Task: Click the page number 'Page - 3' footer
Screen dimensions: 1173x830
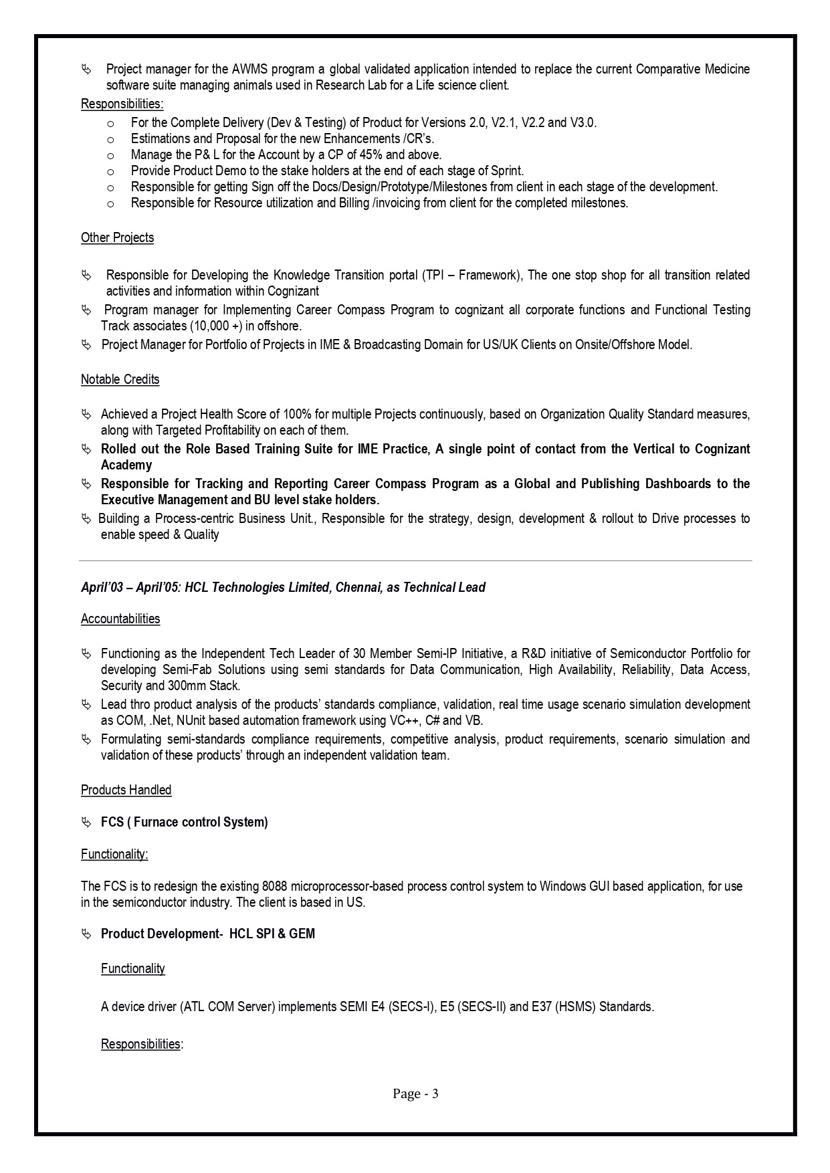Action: [415, 1093]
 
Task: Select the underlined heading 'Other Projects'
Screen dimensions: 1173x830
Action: [117, 238]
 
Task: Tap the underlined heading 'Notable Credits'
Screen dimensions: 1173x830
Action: [120, 380]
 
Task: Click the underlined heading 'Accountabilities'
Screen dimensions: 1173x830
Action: [120, 619]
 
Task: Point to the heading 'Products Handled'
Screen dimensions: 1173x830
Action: [126, 790]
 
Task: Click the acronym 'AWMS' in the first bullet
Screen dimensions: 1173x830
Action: [250, 70]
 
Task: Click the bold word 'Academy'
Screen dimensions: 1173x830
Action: [126, 465]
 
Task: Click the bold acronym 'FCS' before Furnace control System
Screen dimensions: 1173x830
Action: [112, 823]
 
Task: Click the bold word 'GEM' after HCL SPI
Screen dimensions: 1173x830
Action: [302, 934]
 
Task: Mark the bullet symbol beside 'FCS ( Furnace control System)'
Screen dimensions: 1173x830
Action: [86, 823]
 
